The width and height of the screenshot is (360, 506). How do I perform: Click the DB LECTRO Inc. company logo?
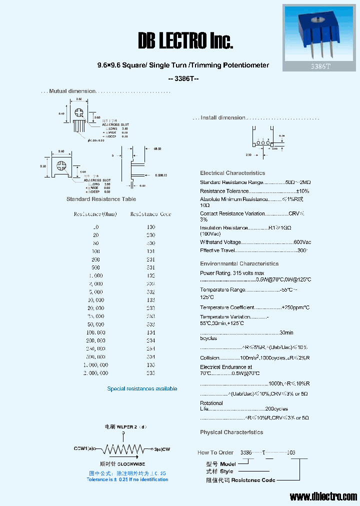tap(185, 41)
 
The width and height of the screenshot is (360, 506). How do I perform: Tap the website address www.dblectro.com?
tap(323, 496)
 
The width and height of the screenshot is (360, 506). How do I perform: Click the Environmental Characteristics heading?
tap(239, 263)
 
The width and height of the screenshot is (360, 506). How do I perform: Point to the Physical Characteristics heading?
tap(231, 432)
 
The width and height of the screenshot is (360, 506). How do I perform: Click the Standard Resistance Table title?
tap(101, 199)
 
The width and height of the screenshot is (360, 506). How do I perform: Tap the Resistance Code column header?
tap(150, 214)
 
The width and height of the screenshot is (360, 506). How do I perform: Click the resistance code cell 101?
tap(150, 251)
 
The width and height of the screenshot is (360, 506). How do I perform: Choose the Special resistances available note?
tap(142, 388)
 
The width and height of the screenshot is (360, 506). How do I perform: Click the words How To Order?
tap(215, 452)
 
